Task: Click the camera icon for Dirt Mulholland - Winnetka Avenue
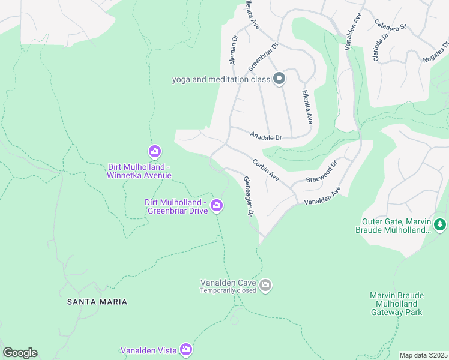coord(155,151)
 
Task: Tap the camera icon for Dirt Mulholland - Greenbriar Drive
coord(217,206)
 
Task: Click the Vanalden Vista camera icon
coord(186,349)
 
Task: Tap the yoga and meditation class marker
coord(279,79)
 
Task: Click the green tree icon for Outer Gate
coord(440,224)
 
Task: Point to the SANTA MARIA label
coord(97,302)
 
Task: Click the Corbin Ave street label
coord(265,170)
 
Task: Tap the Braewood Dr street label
coord(322,172)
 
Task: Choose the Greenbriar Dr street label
coord(263,55)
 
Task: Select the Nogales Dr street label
coord(436,53)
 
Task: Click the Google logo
coord(20,353)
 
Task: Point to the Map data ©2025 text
coord(423,355)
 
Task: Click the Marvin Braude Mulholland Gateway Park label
coord(397,304)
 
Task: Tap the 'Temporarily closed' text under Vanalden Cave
coord(228,291)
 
